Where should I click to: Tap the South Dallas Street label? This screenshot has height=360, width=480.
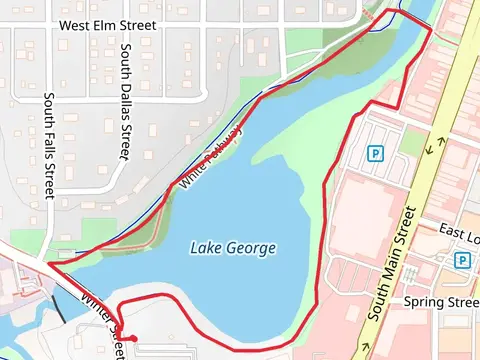coord(125,100)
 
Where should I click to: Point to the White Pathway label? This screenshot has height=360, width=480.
coord(211,157)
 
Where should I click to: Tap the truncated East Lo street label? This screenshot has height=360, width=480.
coord(460,230)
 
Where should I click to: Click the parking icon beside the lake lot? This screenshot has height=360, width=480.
coord(376,154)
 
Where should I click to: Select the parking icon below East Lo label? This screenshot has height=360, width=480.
coord(462,260)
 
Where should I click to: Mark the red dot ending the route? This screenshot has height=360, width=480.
coord(133,337)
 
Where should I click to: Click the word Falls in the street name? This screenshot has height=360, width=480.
coord(49,149)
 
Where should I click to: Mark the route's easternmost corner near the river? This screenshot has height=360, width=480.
coord(431,30)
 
